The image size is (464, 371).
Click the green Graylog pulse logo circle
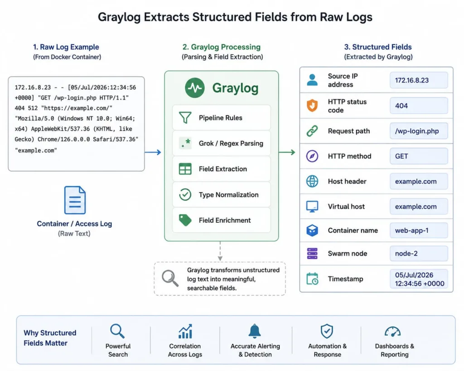pyautogui.click(x=195, y=88)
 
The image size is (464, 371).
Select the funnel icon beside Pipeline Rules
pyautogui.click(x=185, y=117)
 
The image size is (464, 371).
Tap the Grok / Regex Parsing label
pyautogui.click(x=231, y=143)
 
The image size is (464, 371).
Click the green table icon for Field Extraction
pyautogui.click(x=185, y=169)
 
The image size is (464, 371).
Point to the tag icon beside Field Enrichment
pyautogui.click(x=185, y=220)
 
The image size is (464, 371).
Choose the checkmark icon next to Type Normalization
pyautogui.click(x=185, y=195)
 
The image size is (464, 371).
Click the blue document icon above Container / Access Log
pyautogui.click(x=75, y=200)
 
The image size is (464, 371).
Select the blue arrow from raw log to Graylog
pyautogui.click(x=153, y=152)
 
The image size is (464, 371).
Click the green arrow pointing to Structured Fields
pyautogui.click(x=287, y=152)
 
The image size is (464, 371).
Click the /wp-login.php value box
pyautogui.click(x=419, y=131)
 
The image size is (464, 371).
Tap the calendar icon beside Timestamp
pyautogui.click(x=312, y=279)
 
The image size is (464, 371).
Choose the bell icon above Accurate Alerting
pyautogui.click(x=255, y=331)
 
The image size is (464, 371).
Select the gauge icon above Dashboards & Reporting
pyautogui.click(x=393, y=332)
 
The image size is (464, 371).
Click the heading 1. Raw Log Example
pyautogui.click(x=66, y=47)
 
